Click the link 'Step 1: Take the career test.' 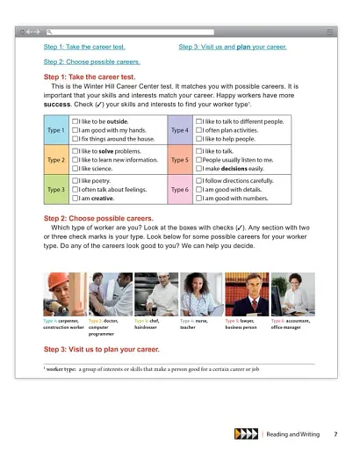pos(85,46)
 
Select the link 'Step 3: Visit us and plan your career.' pos(233,46)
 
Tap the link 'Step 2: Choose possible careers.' pos(91,62)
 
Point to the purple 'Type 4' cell pos(179,130)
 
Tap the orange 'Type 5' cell pos(179,161)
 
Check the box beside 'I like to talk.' pos(199,150)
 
